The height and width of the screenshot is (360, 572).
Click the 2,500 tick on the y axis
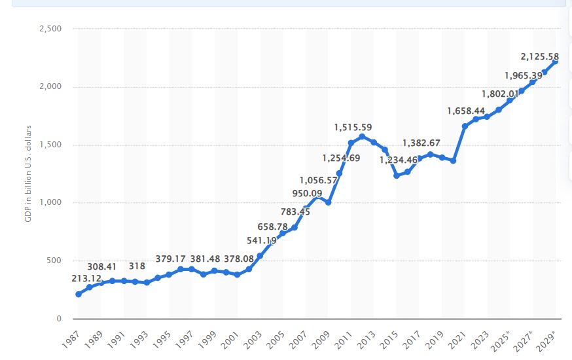(49, 29)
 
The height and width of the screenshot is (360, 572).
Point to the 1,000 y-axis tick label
(49, 203)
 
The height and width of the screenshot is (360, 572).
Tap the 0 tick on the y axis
(59, 319)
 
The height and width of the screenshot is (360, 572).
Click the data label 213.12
(86, 279)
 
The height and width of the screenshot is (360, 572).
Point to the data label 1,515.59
(353, 127)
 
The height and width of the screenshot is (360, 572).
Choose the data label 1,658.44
(467, 111)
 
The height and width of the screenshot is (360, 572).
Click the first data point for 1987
(79, 294)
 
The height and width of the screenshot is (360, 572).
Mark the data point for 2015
(397, 175)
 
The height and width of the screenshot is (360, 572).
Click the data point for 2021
(465, 126)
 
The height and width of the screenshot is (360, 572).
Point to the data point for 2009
(328, 202)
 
